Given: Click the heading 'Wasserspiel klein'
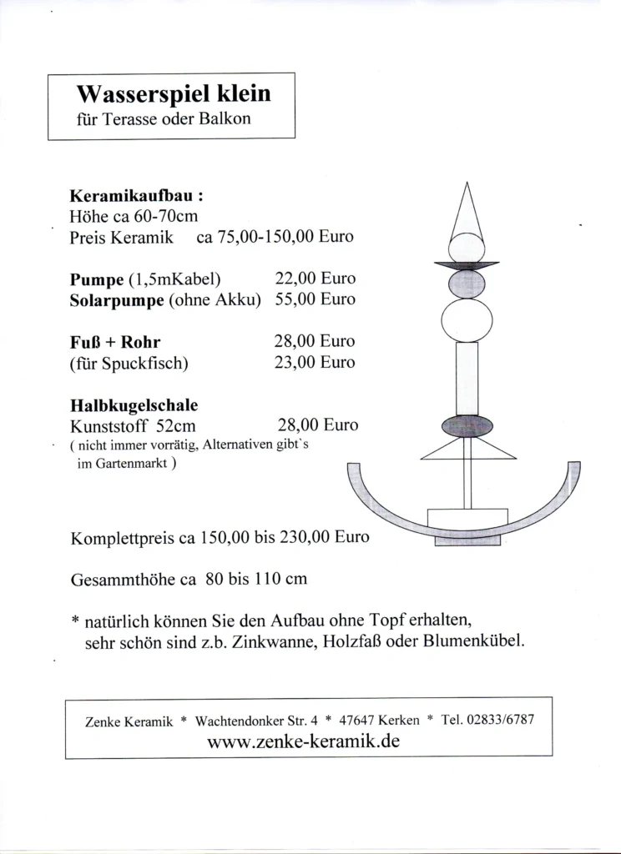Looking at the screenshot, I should (174, 93).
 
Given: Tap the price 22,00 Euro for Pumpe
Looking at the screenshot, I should (315, 279).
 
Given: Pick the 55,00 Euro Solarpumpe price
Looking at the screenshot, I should (315, 299).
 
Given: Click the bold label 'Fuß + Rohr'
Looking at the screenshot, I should (115, 342).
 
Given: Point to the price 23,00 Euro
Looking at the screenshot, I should (315, 363).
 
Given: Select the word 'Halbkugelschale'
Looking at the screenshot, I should (134, 406).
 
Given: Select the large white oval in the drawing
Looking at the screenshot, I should (467, 320).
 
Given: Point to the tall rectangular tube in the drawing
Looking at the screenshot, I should (467, 377).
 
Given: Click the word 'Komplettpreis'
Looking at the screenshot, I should (123, 538).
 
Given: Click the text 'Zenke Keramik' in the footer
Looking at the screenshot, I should (129, 721).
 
